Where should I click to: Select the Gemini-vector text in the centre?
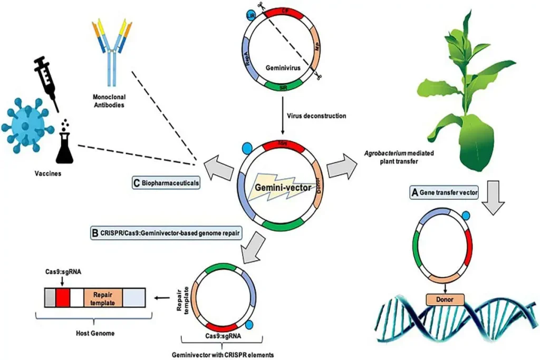point(278,188)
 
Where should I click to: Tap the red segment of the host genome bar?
point(63,299)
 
